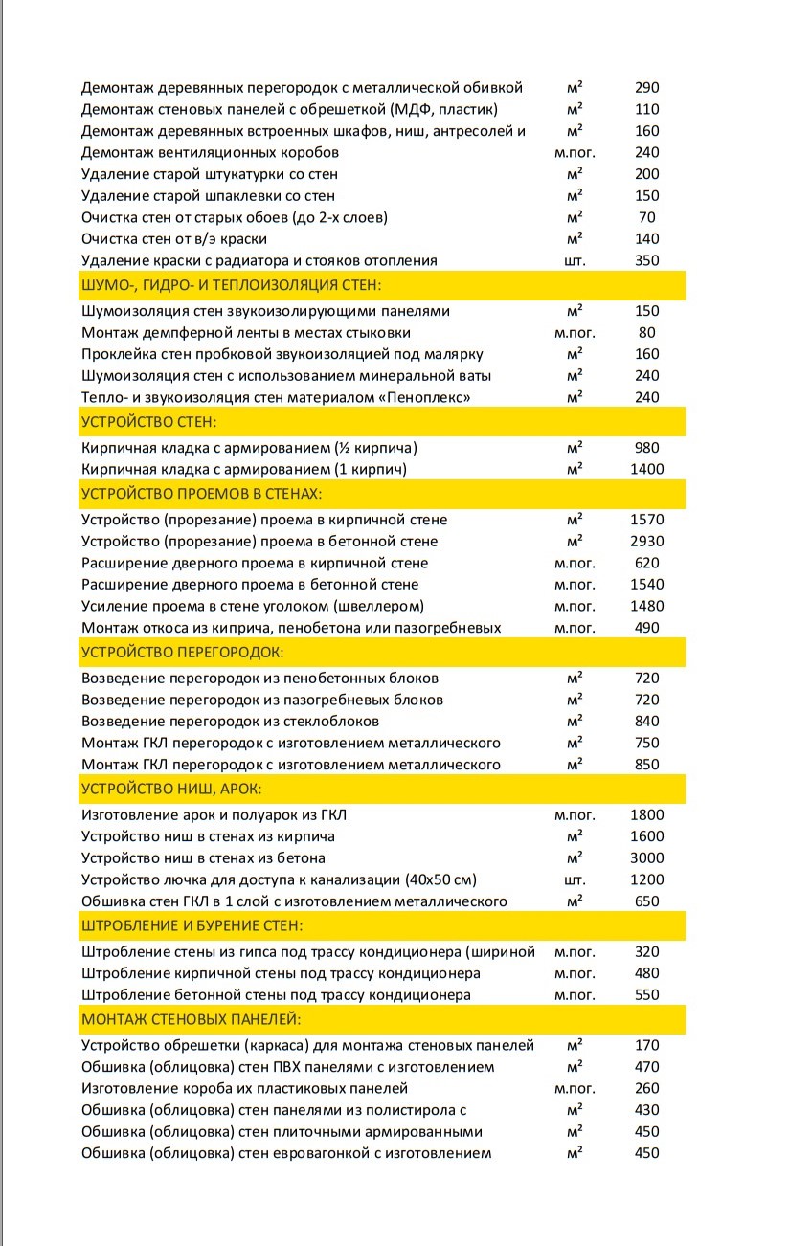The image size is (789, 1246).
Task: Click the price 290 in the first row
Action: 646,87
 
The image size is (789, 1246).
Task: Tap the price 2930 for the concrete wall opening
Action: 646,542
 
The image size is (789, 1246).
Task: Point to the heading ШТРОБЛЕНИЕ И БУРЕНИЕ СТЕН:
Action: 192,925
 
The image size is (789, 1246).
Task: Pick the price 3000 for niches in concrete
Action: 646,857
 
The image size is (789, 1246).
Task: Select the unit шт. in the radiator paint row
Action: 575,260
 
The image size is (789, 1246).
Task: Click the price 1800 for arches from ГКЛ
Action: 646,815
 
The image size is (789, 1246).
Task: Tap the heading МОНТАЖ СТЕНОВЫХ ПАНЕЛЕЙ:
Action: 192,1017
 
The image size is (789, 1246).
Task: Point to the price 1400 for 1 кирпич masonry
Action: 646,469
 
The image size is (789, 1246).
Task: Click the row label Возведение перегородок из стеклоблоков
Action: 230,721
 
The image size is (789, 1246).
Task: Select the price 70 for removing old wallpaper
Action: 646,217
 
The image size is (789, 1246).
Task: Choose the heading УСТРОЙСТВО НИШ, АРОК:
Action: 171,789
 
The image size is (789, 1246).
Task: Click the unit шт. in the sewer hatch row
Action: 575,879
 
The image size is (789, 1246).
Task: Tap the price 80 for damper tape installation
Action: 646,333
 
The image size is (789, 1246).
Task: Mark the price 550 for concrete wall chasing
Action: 646,994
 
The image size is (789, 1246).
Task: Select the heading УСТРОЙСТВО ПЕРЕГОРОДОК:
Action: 182,652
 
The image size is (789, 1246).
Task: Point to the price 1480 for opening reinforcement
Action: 646,606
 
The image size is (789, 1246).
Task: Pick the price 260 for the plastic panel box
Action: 646,1088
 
